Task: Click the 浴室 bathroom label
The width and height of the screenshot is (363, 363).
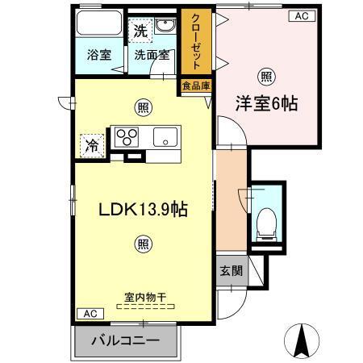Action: [100, 56]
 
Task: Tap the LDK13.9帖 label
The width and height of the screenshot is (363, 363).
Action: [144, 209]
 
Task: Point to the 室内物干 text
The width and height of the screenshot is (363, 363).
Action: [145, 298]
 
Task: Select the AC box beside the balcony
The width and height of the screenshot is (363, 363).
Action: [88, 312]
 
